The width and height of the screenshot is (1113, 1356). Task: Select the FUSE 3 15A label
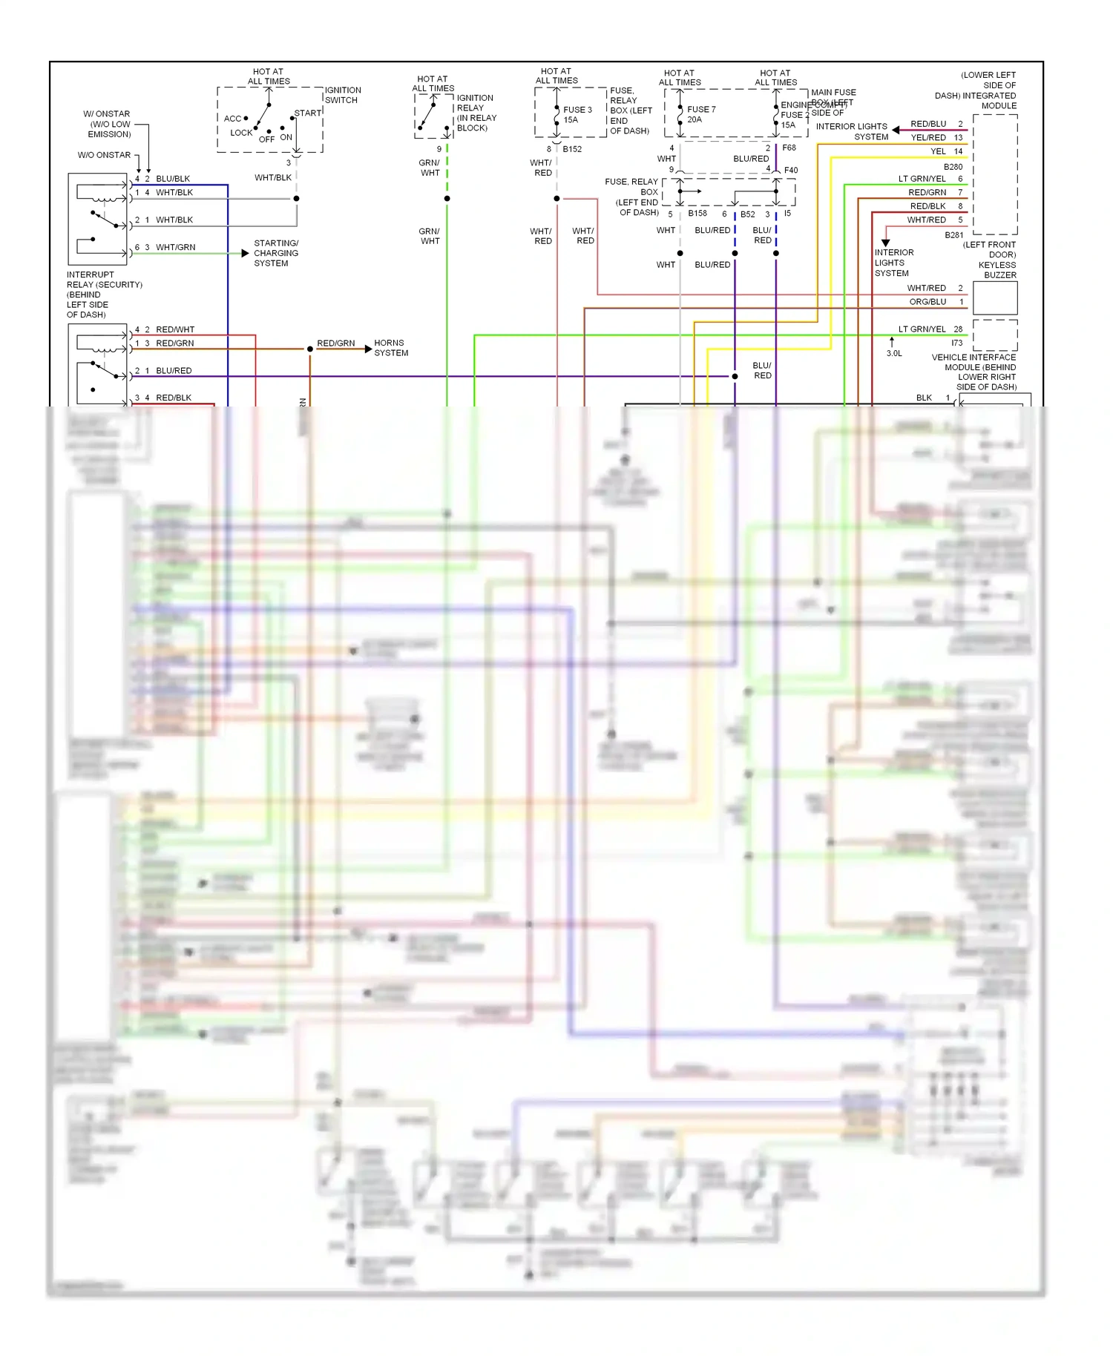pyautogui.click(x=577, y=114)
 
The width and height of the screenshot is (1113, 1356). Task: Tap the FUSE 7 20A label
pyautogui.click(x=701, y=114)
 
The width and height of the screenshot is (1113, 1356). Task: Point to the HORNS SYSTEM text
pyautogui.click(x=391, y=348)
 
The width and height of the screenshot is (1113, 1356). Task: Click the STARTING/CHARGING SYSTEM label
pyautogui.click(x=276, y=253)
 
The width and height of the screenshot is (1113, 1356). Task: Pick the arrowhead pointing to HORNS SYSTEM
pyautogui.click(x=368, y=349)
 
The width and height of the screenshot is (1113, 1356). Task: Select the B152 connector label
pyautogui.click(x=572, y=149)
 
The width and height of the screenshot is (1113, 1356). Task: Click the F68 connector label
pyautogui.click(x=789, y=148)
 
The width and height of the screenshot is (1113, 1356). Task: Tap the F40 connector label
pyautogui.click(x=791, y=170)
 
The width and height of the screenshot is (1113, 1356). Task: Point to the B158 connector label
pyautogui.click(x=697, y=214)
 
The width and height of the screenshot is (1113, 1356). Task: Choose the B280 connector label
pyautogui.click(x=953, y=167)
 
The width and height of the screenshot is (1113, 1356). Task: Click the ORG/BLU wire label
pyautogui.click(x=927, y=302)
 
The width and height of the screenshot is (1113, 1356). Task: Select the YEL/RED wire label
pyautogui.click(x=928, y=137)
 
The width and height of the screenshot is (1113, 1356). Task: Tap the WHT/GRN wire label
pyautogui.click(x=176, y=248)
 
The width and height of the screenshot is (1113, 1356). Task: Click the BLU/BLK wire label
pyautogui.click(x=173, y=179)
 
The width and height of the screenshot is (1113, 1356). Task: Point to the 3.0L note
pyautogui.click(x=894, y=354)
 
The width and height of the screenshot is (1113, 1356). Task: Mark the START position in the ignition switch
pyautogui.click(x=308, y=113)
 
